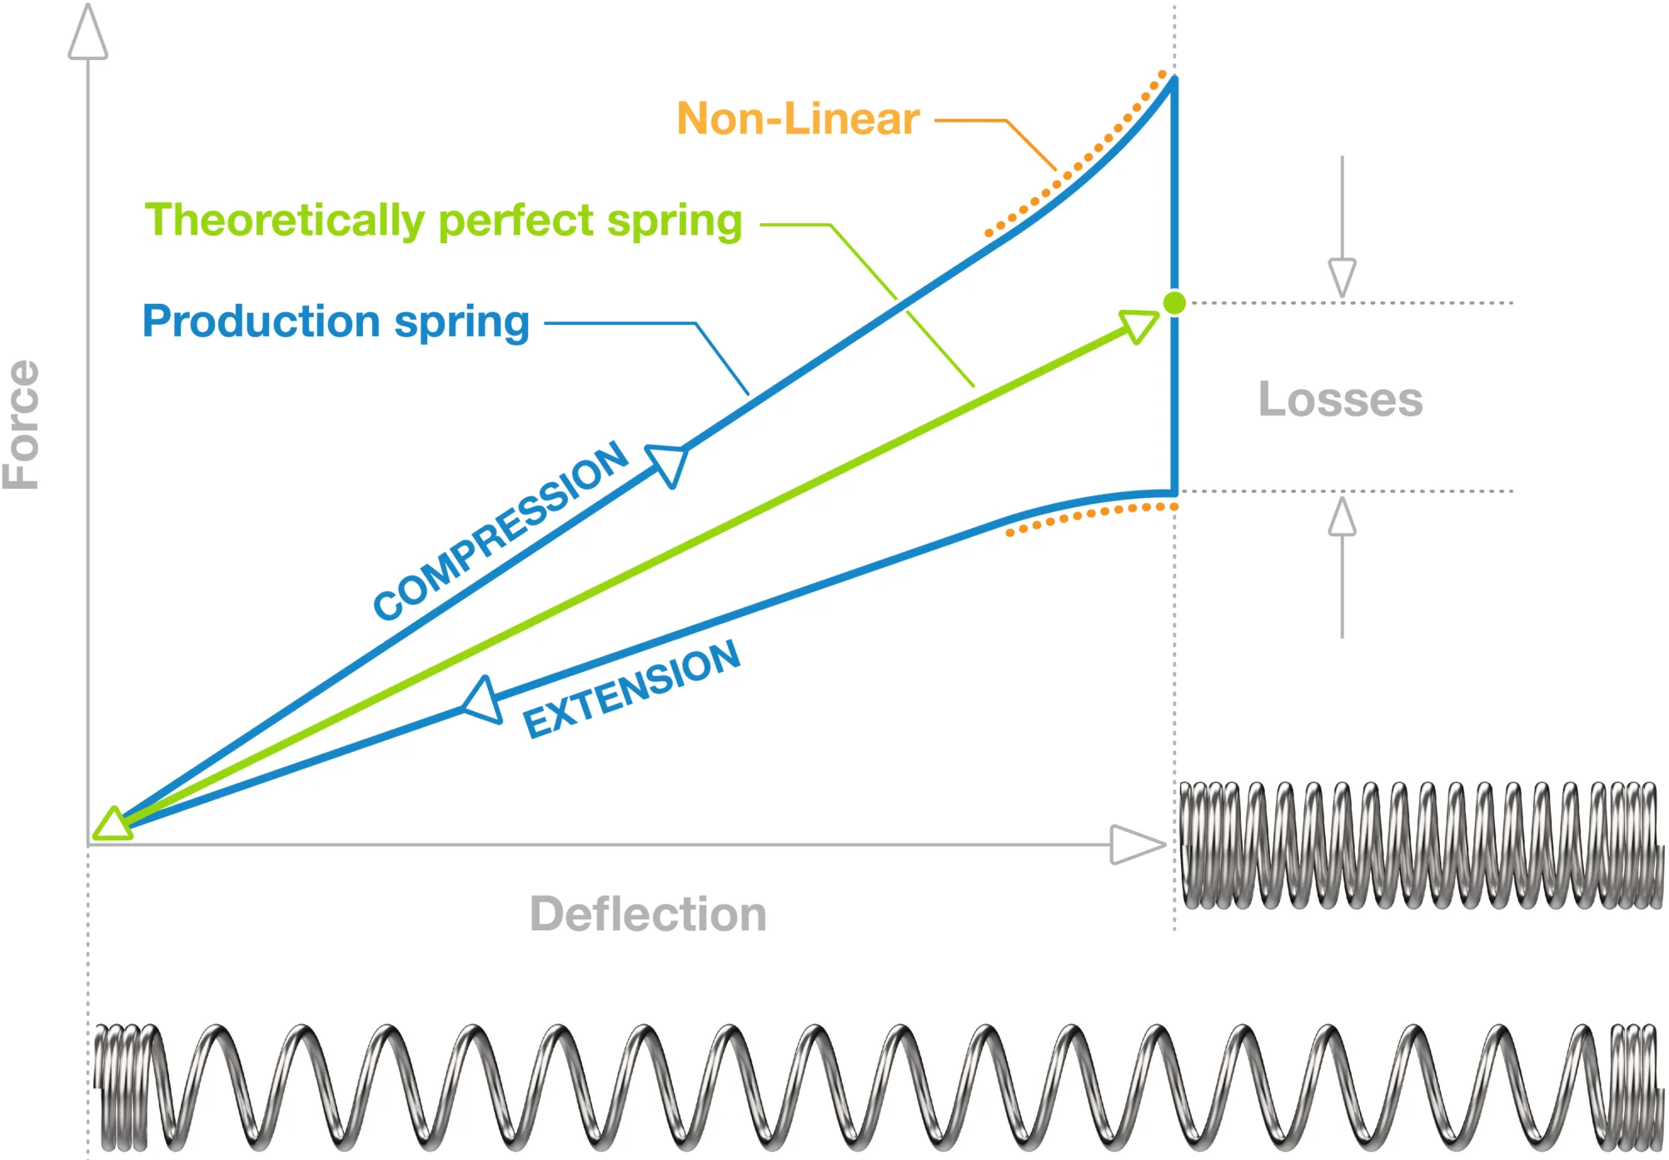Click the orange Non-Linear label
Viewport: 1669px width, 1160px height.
pos(797,119)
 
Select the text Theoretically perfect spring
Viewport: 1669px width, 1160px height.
pos(443,221)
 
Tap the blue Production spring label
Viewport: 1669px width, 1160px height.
pos(336,321)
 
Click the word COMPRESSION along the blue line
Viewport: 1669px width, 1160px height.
pos(500,531)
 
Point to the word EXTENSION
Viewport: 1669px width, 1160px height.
pos(631,690)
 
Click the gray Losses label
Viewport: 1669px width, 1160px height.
pos(1340,400)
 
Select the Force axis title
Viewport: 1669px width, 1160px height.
pos(22,425)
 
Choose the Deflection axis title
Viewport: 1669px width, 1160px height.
pos(648,914)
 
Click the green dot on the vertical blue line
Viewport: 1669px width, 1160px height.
pos(1174,303)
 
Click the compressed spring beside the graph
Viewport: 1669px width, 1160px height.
pos(1419,844)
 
